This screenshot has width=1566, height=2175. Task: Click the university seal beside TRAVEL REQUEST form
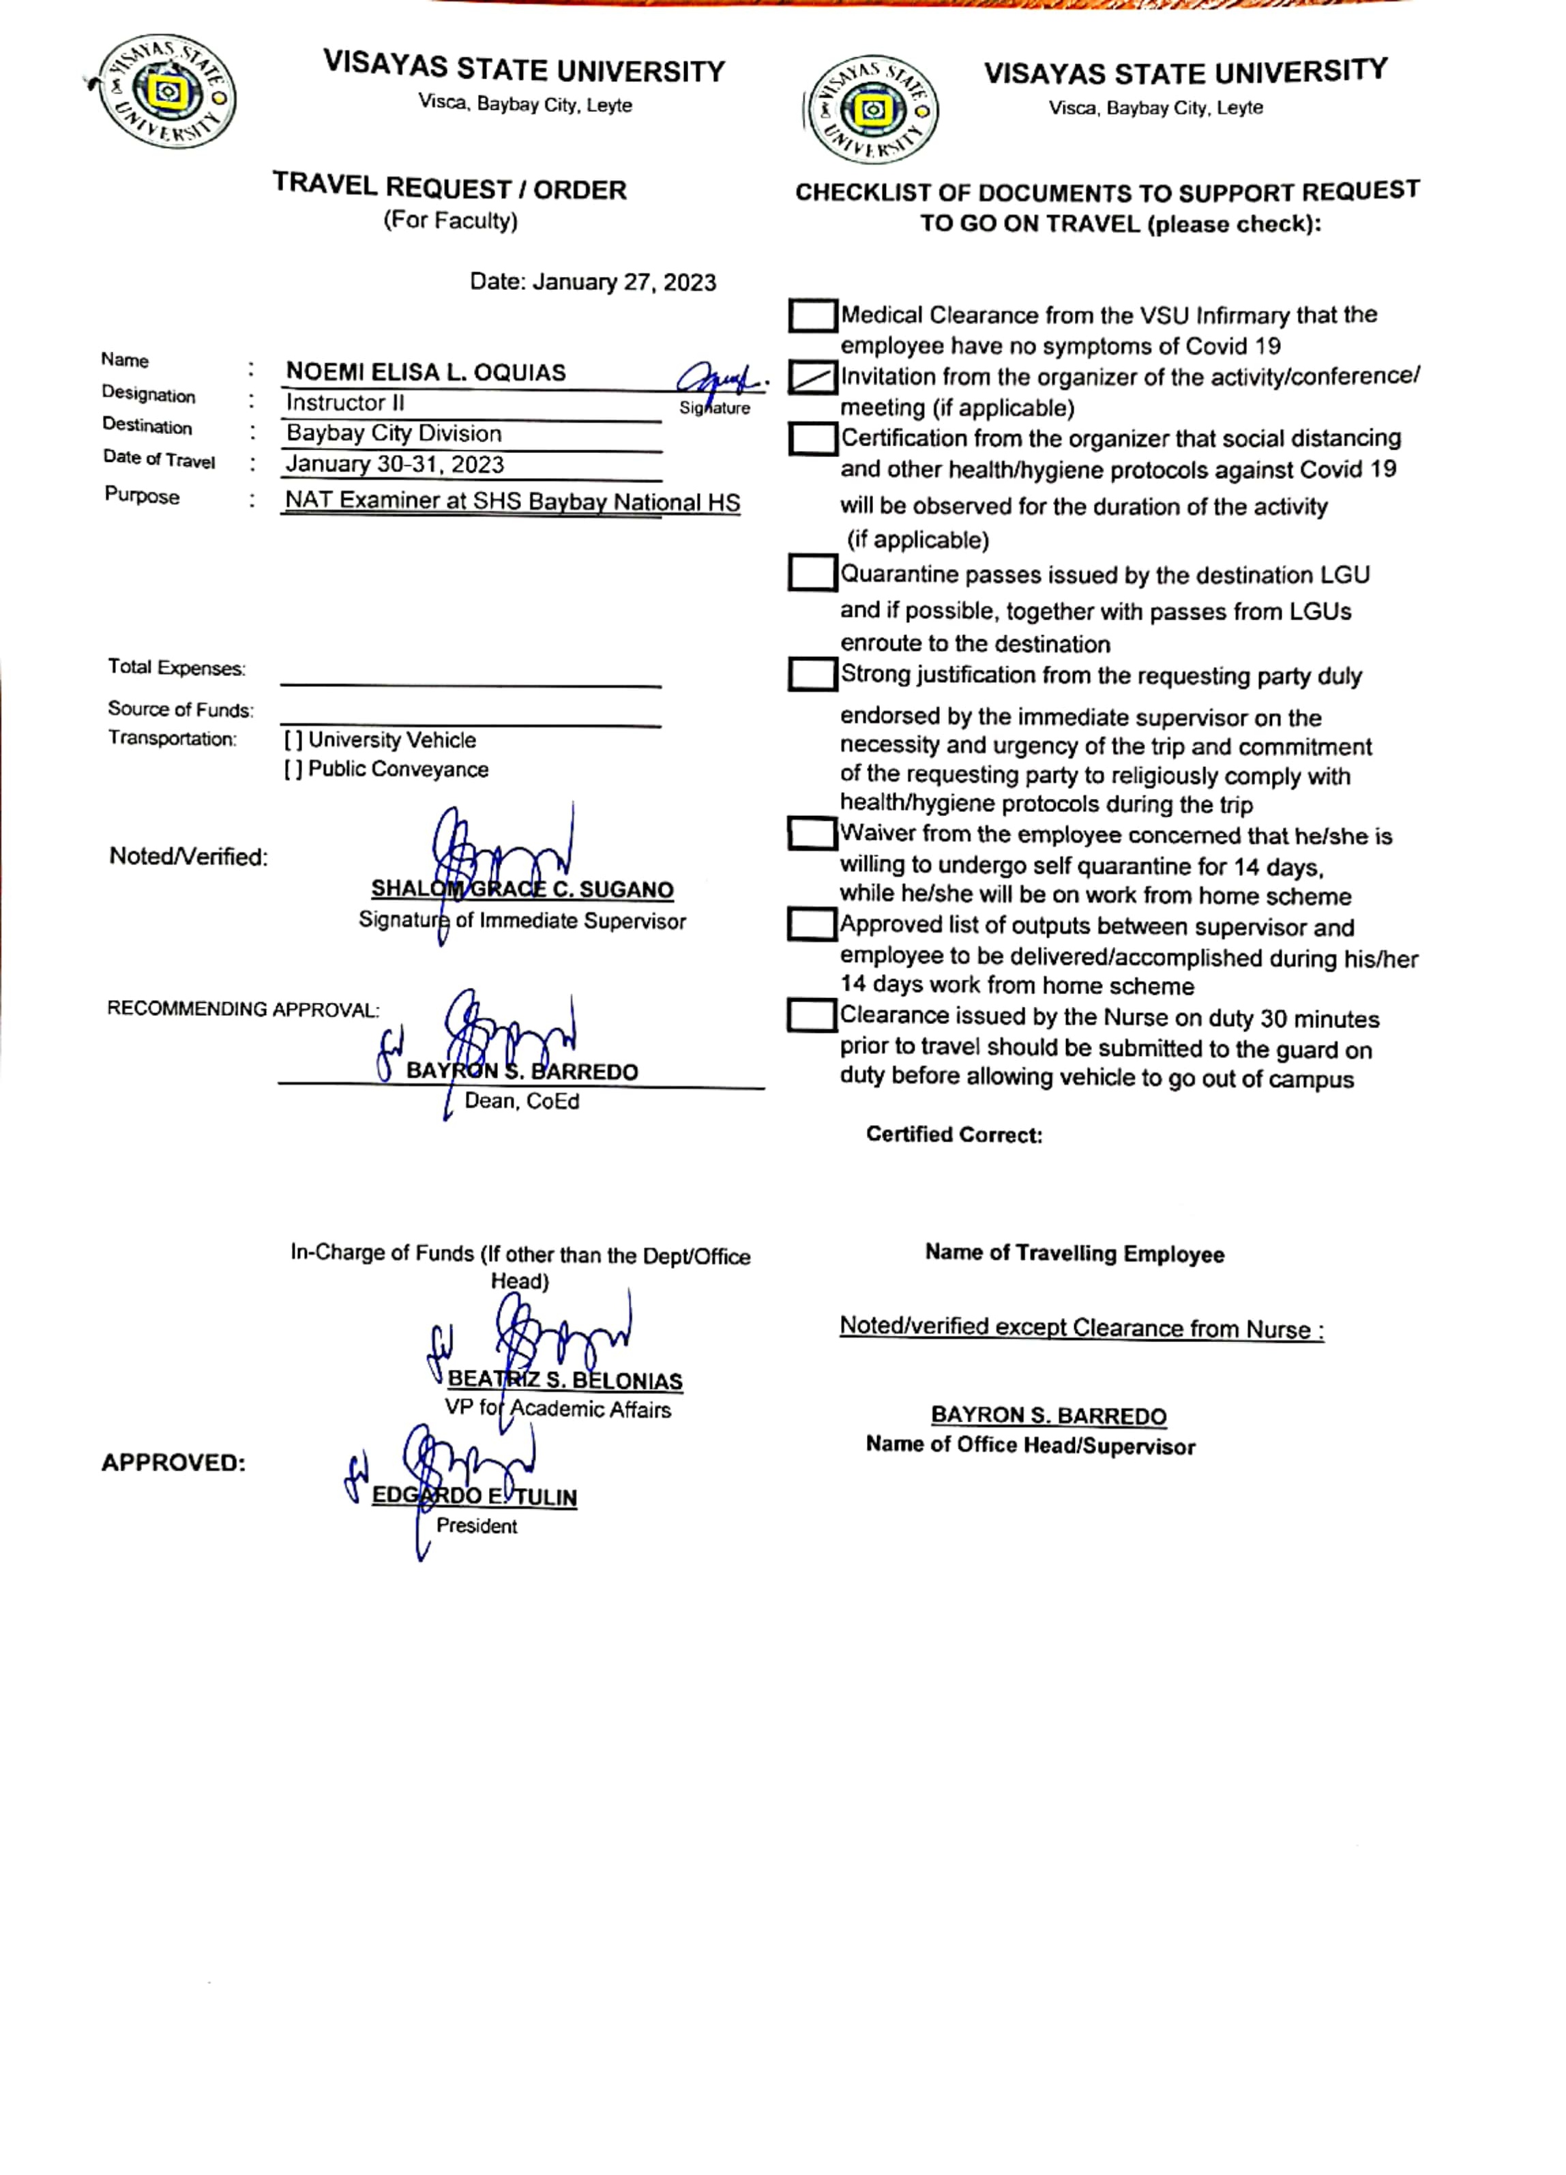[165, 92]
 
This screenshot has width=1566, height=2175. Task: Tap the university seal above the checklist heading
[872, 109]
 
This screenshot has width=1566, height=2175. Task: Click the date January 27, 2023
[593, 282]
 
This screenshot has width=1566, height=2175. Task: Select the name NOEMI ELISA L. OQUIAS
[426, 372]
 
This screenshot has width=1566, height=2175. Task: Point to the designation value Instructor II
[345, 403]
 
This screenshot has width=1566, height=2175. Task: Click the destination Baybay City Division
[393, 433]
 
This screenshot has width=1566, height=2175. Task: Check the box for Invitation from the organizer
[811, 379]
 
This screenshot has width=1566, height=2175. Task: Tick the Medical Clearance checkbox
[811, 315]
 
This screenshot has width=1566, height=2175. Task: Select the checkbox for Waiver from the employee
[811, 834]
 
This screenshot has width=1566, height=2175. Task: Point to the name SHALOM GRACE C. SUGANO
[522, 890]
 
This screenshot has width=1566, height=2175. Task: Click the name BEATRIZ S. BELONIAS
[565, 1380]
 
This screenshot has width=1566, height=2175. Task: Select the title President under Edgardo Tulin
[477, 1526]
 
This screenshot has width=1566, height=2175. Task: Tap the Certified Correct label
[954, 1135]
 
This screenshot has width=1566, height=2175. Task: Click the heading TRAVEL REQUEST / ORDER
[449, 188]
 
